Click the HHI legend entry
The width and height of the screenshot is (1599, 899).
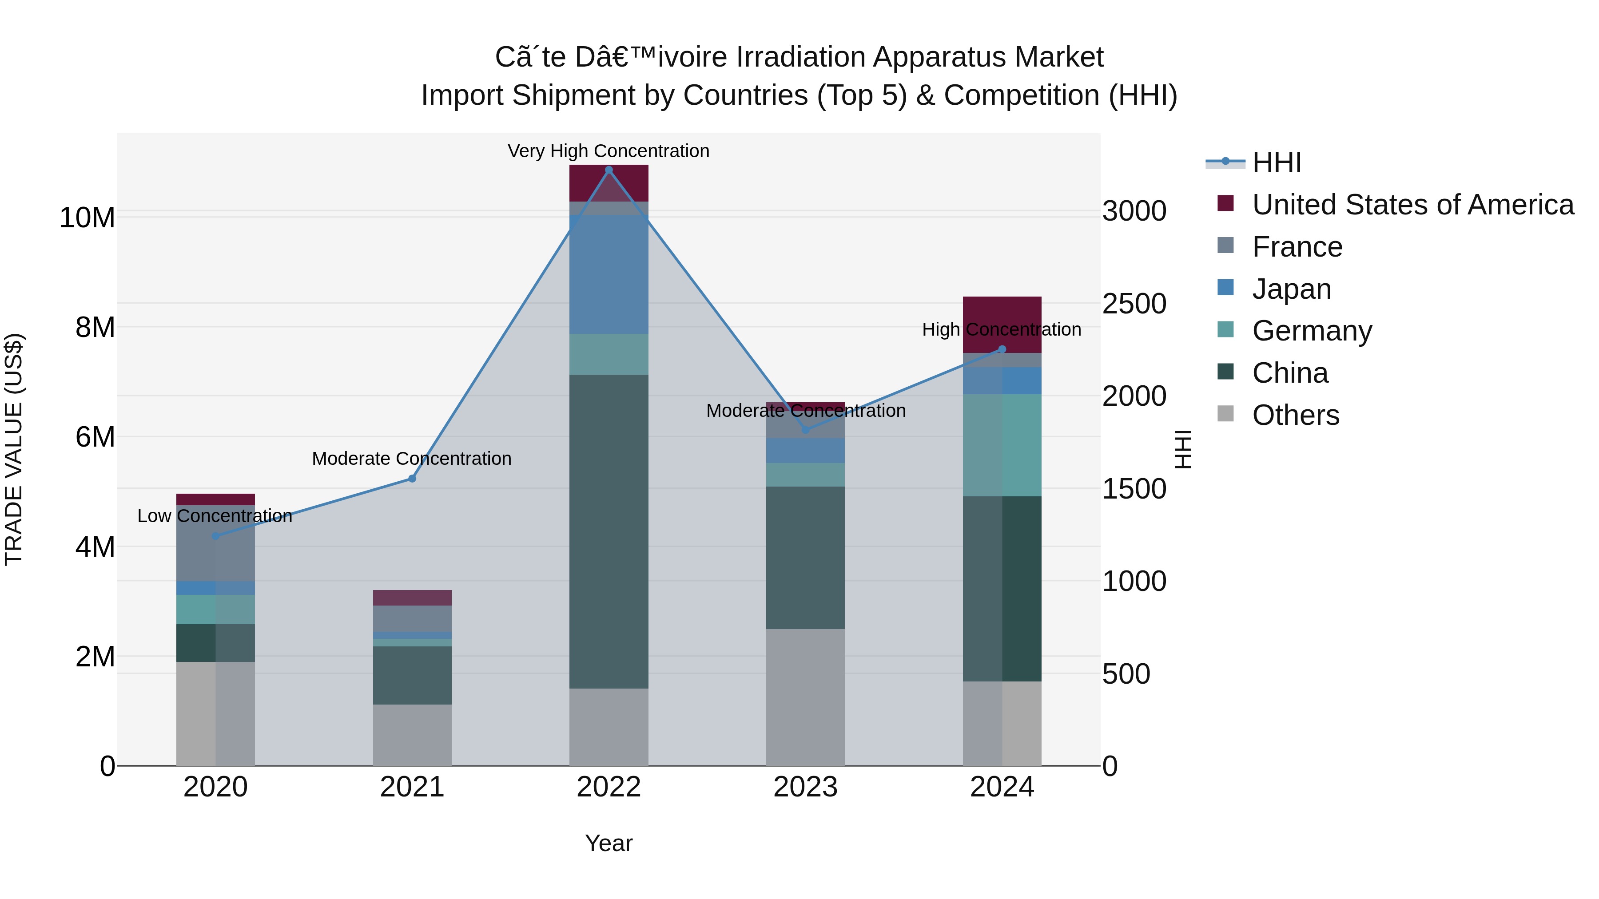pyautogui.click(x=1276, y=162)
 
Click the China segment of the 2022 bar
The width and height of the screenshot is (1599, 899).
pyautogui.click(x=609, y=531)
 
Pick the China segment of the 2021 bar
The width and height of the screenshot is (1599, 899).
pyautogui.click(x=412, y=675)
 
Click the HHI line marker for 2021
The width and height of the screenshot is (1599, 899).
pyautogui.click(x=412, y=478)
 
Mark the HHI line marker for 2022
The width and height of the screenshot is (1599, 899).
pyautogui.click(x=609, y=170)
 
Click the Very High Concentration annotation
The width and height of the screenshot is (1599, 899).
pyautogui.click(x=609, y=151)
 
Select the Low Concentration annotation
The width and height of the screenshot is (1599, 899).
pyautogui.click(x=215, y=515)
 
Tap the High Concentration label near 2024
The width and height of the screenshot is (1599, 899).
pyautogui.click(x=1001, y=329)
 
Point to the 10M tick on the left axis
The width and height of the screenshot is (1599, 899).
pyautogui.click(x=87, y=218)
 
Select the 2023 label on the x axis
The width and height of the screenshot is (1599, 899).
pyautogui.click(x=805, y=787)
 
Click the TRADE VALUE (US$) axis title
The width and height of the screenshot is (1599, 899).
pyautogui.click(x=14, y=449)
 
